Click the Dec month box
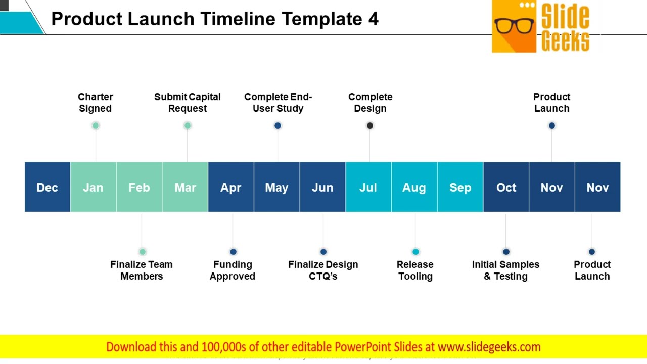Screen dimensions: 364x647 tap(48, 187)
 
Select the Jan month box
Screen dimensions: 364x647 tap(93, 187)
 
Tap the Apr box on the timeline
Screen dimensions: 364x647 tap(231, 187)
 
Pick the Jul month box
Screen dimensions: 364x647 tap(368, 187)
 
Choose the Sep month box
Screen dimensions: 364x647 tap(460, 187)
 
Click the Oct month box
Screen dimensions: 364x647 tap(506, 187)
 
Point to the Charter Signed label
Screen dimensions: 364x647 tap(96, 103)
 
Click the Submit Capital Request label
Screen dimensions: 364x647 tap(188, 103)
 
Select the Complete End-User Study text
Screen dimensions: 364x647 tap(278, 103)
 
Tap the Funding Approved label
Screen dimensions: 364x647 tap(233, 270)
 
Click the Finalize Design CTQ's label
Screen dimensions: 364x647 tap(323, 270)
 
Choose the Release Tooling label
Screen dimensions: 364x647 tap(415, 270)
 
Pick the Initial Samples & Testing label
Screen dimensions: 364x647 tap(505, 270)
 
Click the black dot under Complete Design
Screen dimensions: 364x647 tap(370, 126)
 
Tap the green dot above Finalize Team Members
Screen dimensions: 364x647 tap(143, 252)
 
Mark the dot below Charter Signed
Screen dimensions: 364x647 tap(96, 126)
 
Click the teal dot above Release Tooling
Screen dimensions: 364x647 tap(415, 252)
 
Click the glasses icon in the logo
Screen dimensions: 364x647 tap(514, 25)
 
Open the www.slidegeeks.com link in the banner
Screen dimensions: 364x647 tap(489, 347)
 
